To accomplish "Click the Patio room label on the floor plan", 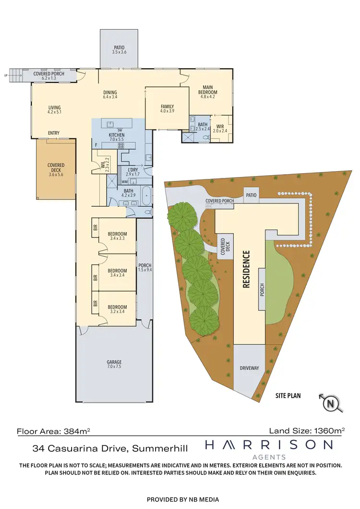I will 119,49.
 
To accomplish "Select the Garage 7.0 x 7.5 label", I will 114,364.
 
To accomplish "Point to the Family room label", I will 167,109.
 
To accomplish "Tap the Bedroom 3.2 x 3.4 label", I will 117,309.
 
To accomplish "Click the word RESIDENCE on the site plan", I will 246,269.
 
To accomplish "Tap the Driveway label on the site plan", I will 249,368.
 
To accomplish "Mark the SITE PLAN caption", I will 288,396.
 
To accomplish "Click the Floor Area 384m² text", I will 53,431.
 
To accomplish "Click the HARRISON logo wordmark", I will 269,445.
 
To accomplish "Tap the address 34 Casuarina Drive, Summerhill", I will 110,449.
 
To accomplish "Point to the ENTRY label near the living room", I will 54,133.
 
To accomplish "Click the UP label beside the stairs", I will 5,75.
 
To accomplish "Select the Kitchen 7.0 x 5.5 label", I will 117,138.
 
